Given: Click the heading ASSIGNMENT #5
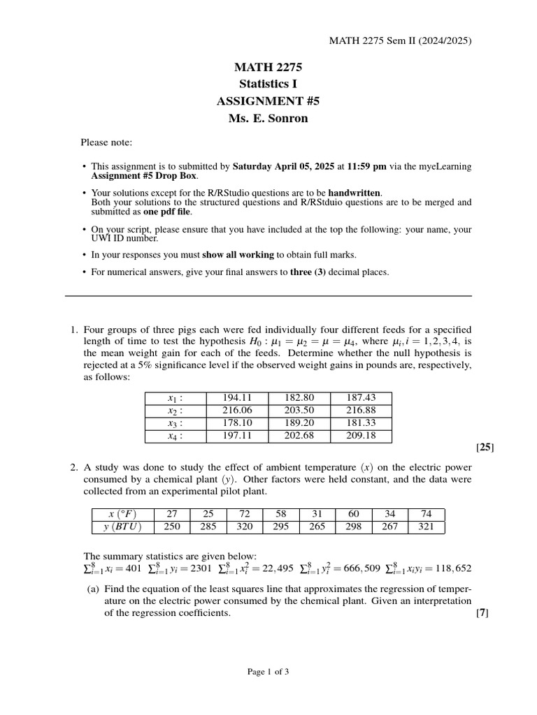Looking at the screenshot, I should [x=268, y=101].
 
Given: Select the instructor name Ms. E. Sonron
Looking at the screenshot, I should [x=268, y=118].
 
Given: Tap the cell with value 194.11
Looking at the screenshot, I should [x=236, y=398].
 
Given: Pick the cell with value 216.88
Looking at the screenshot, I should [x=361, y=411].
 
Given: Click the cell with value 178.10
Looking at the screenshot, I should [x=236, y=423].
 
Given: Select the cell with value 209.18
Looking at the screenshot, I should [x=361, y=436].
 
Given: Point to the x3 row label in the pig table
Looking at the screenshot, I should [x=176, y=423].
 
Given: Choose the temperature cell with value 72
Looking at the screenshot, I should [x=245, y=514].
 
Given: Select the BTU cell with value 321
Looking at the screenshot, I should [x=426, y=526].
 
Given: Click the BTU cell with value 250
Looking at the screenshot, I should [x=172, y=526].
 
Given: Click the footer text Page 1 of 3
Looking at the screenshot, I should [x=268, y=672].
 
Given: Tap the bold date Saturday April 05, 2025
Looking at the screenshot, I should [x=283, y=167].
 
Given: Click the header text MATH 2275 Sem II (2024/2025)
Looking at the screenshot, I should [x=400, y=40].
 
